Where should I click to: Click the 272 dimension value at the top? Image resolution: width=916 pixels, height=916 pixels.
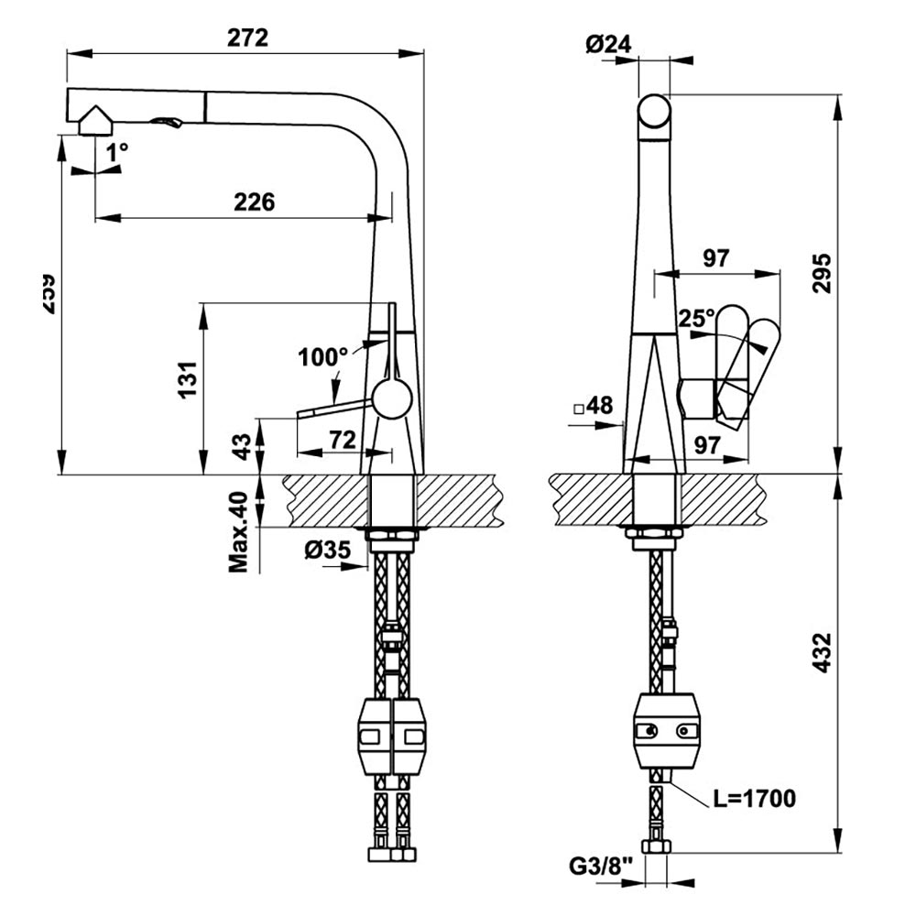click(x=247, y=38)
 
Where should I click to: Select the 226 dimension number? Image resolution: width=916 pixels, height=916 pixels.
click(x=254, y=202)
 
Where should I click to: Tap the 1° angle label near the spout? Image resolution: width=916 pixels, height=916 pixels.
click(x=116, y=154)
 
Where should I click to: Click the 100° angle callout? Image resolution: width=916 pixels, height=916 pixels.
click(x=322, y=356)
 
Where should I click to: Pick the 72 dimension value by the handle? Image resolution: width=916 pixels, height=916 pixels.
click(x=342, y=440)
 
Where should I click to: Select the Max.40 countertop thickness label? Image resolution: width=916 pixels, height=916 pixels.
click(x=239, y=532)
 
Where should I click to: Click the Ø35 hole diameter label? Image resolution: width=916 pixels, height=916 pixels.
click(x=326, y=551)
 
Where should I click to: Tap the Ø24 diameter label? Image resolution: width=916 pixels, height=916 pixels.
click(x=607, y=42)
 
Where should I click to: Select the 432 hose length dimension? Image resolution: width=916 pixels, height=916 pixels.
click(x=823, y=653)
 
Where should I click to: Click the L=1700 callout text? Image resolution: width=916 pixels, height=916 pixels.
click(x=754, y=799)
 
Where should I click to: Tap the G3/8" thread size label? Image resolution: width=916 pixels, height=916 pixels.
click(x=602, y=866)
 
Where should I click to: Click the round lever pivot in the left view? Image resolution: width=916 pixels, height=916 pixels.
click(x=392, y=400)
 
